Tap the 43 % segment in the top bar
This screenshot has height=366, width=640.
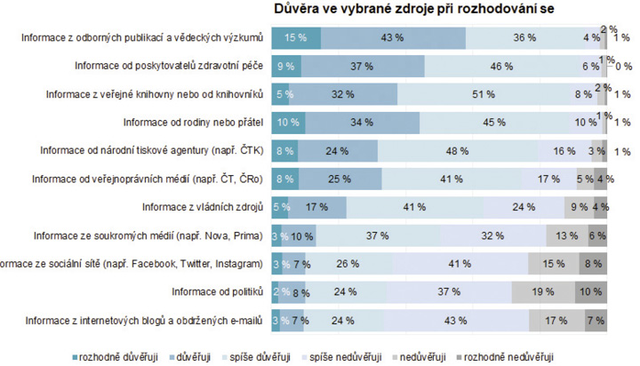[392, 37]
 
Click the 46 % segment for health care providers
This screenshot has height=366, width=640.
[501, 66]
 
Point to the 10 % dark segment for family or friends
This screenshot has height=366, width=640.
[288, 123]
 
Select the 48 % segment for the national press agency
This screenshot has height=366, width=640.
[457, 151]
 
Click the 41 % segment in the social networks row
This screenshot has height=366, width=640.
[459, 265]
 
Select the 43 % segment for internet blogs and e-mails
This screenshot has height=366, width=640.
[457, 321]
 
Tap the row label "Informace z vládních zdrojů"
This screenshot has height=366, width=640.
[204, 208]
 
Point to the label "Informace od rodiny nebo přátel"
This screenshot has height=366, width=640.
[194, 123]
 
